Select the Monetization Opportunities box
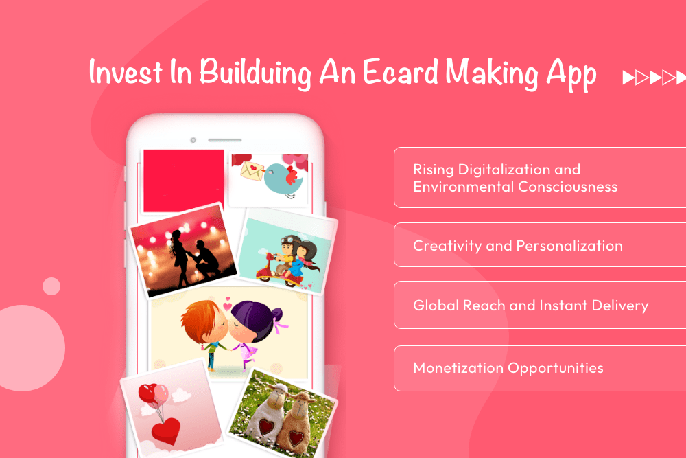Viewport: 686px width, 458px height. pos(539,369)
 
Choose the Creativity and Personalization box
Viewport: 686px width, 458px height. pos(539,245)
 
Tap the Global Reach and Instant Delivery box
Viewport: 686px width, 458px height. pos(539,306)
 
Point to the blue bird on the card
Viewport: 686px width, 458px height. pos(282,176)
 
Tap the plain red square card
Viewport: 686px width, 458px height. pos(183,181)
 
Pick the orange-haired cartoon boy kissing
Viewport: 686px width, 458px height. pos(202,323)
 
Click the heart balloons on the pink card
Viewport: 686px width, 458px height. pos(152,395)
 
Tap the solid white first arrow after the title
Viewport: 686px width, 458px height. pos(628,78)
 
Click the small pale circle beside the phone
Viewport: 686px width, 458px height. pos(51,286)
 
